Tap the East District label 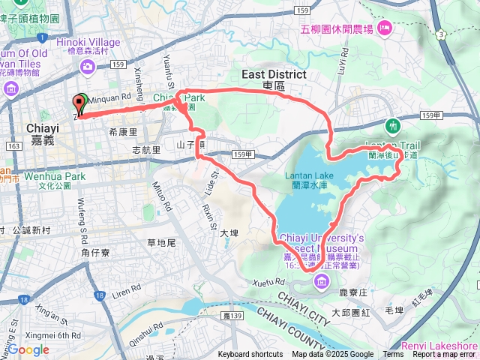[x=274, y=74]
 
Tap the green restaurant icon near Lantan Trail [x=391, y=124]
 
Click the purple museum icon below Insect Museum [x=322, y=281]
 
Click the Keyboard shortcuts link [x=250, y=355]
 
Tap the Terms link [x=393, y=355]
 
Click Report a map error [x=444, y=355]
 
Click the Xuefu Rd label [x=269, y=281]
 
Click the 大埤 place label [x=229, y=233]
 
